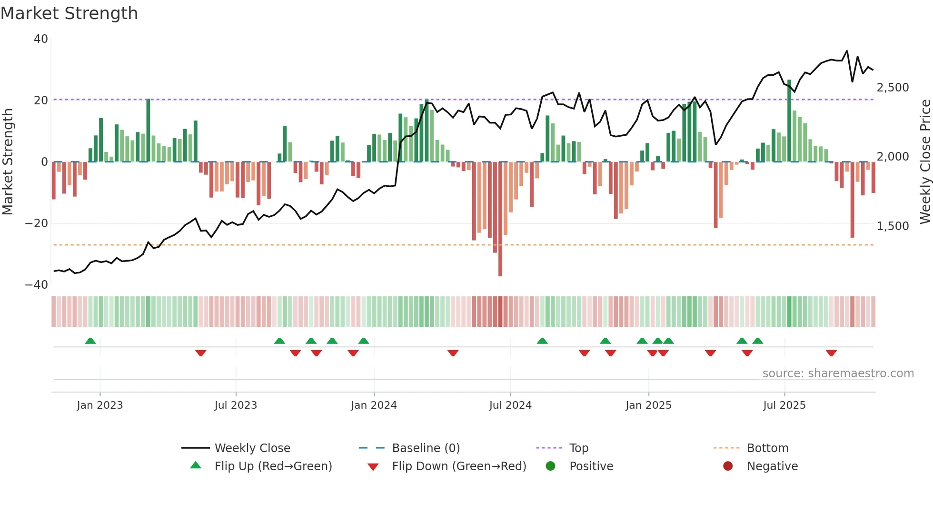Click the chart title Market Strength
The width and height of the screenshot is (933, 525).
[69, 13]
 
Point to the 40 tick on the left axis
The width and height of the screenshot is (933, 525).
[41, 39]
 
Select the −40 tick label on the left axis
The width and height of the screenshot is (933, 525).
[37, 285]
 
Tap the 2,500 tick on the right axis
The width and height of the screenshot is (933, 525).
[893, 88]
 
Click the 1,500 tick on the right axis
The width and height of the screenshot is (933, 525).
[893, 226]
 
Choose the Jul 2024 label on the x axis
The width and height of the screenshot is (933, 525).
[510, 405]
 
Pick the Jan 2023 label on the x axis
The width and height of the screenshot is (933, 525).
[100, 405]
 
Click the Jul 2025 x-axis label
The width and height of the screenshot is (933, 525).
[784, 405]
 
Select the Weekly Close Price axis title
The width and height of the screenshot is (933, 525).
[925, 162]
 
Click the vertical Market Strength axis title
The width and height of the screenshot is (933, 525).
[8, 162]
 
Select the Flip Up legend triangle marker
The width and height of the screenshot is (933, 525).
[196, 465]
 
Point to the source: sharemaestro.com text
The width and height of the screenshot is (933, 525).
[838, 374]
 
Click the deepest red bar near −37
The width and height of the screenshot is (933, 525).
[500, 219]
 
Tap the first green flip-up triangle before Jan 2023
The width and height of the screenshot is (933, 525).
[90, 341]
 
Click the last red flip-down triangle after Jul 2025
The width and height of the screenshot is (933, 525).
[831, 353]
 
